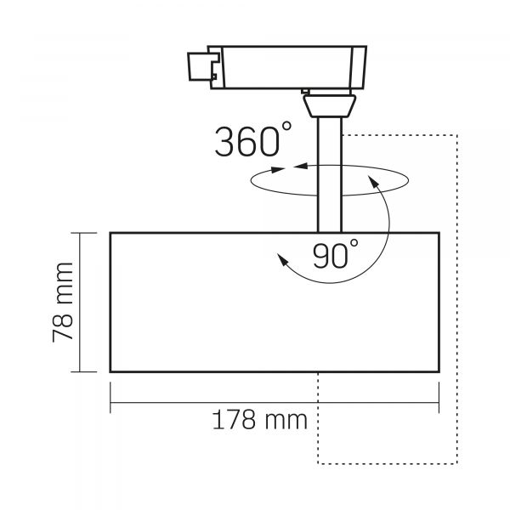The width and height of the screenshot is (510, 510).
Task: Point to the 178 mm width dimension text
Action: click(255, 420)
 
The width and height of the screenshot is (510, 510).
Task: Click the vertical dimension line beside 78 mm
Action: click(81, 302)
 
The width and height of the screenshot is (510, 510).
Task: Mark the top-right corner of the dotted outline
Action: click(458, 134)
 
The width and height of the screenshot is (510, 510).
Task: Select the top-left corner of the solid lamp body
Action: click(110, 232)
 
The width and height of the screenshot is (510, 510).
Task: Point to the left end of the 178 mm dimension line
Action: click(110, 401)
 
